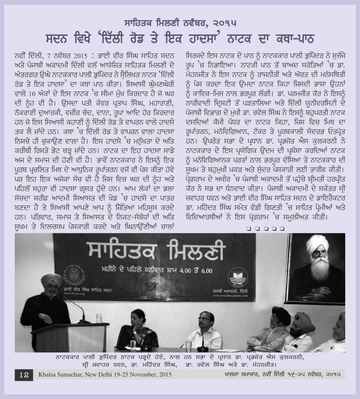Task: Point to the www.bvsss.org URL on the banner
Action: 74,294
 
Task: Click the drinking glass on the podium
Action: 99,318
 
